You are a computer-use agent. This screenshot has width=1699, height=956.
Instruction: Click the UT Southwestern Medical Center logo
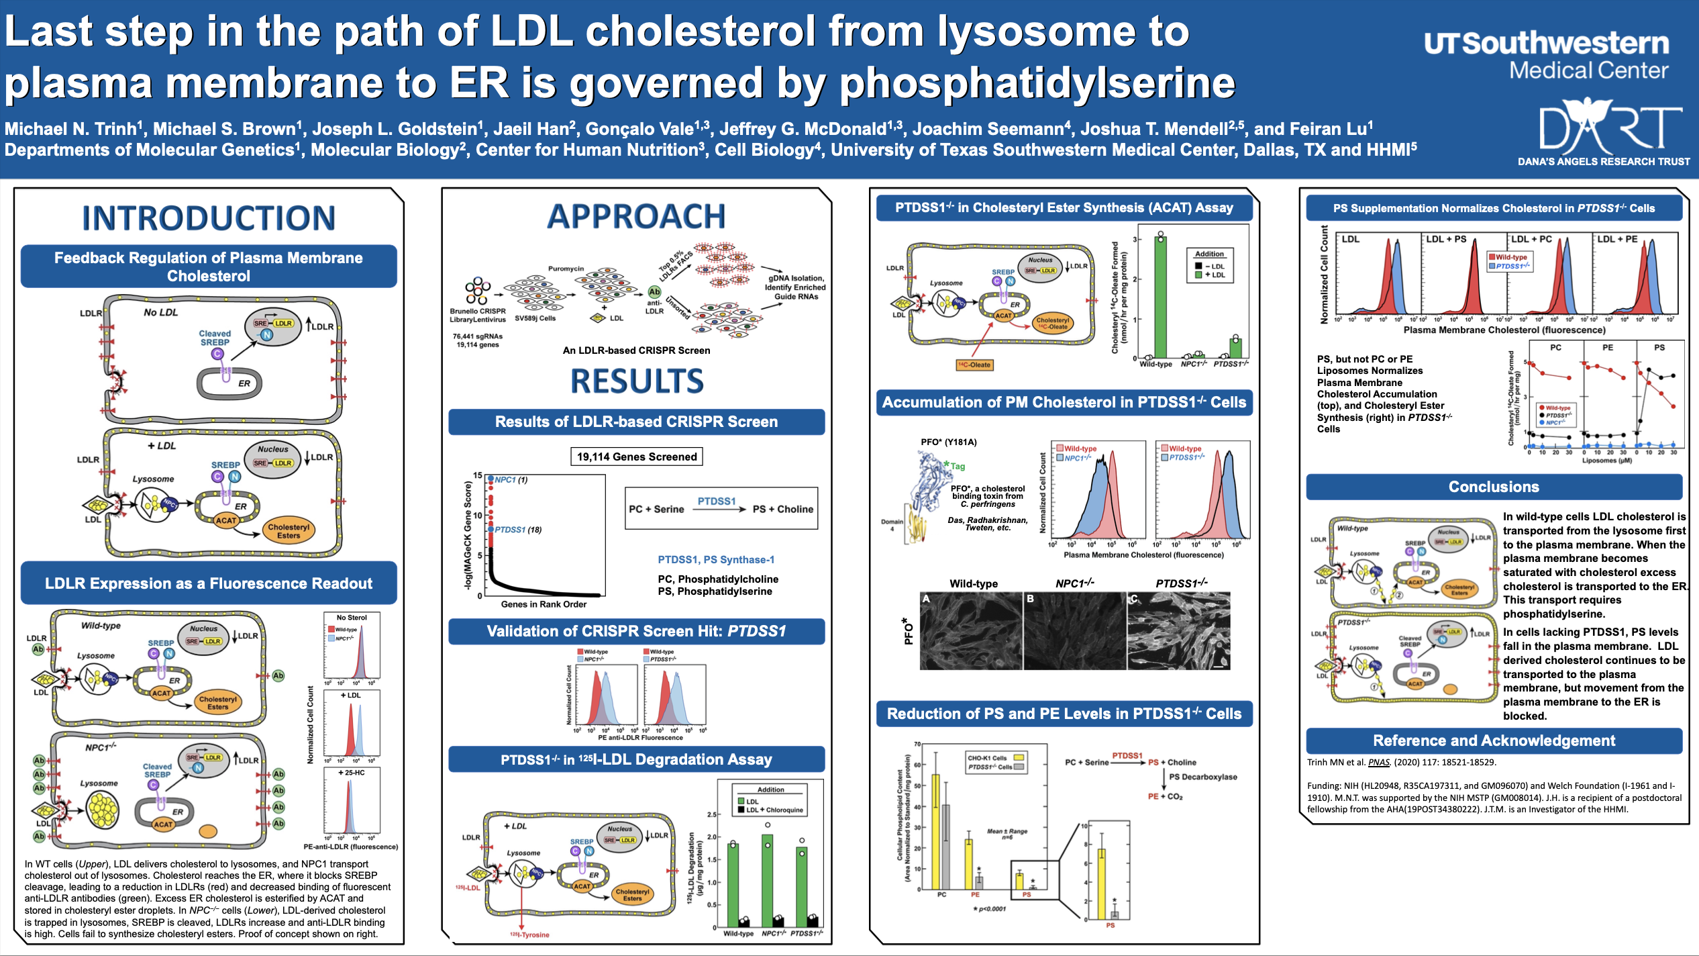click(1546, 55)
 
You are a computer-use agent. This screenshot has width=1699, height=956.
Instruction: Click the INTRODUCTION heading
click(209, 218)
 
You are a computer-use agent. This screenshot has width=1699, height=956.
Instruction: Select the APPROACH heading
click(636, 216)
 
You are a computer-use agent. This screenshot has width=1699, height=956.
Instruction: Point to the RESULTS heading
click(637, 381)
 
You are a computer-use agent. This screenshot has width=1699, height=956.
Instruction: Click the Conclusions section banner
click(1494, 487)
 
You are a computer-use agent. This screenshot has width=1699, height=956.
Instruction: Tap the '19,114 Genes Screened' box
click(637, 457)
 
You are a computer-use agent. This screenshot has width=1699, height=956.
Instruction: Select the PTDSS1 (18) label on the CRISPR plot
click(518, 530)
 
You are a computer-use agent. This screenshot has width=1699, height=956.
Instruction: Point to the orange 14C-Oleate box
click(974, 365)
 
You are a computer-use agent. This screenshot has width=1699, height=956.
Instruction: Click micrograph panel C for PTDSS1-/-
click(1179, 631)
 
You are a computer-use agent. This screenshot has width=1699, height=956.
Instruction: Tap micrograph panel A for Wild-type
click(971, 631)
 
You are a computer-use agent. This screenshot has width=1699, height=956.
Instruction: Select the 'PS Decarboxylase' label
click(1203, 777)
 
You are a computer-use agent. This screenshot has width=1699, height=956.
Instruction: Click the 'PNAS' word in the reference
click(1379, 762)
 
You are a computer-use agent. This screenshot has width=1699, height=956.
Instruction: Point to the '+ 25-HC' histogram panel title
click(352, 773)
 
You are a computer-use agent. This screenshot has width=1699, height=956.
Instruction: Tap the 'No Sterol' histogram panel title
click(352, 617)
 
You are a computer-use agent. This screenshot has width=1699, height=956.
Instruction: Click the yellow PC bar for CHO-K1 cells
click(935, 832)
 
